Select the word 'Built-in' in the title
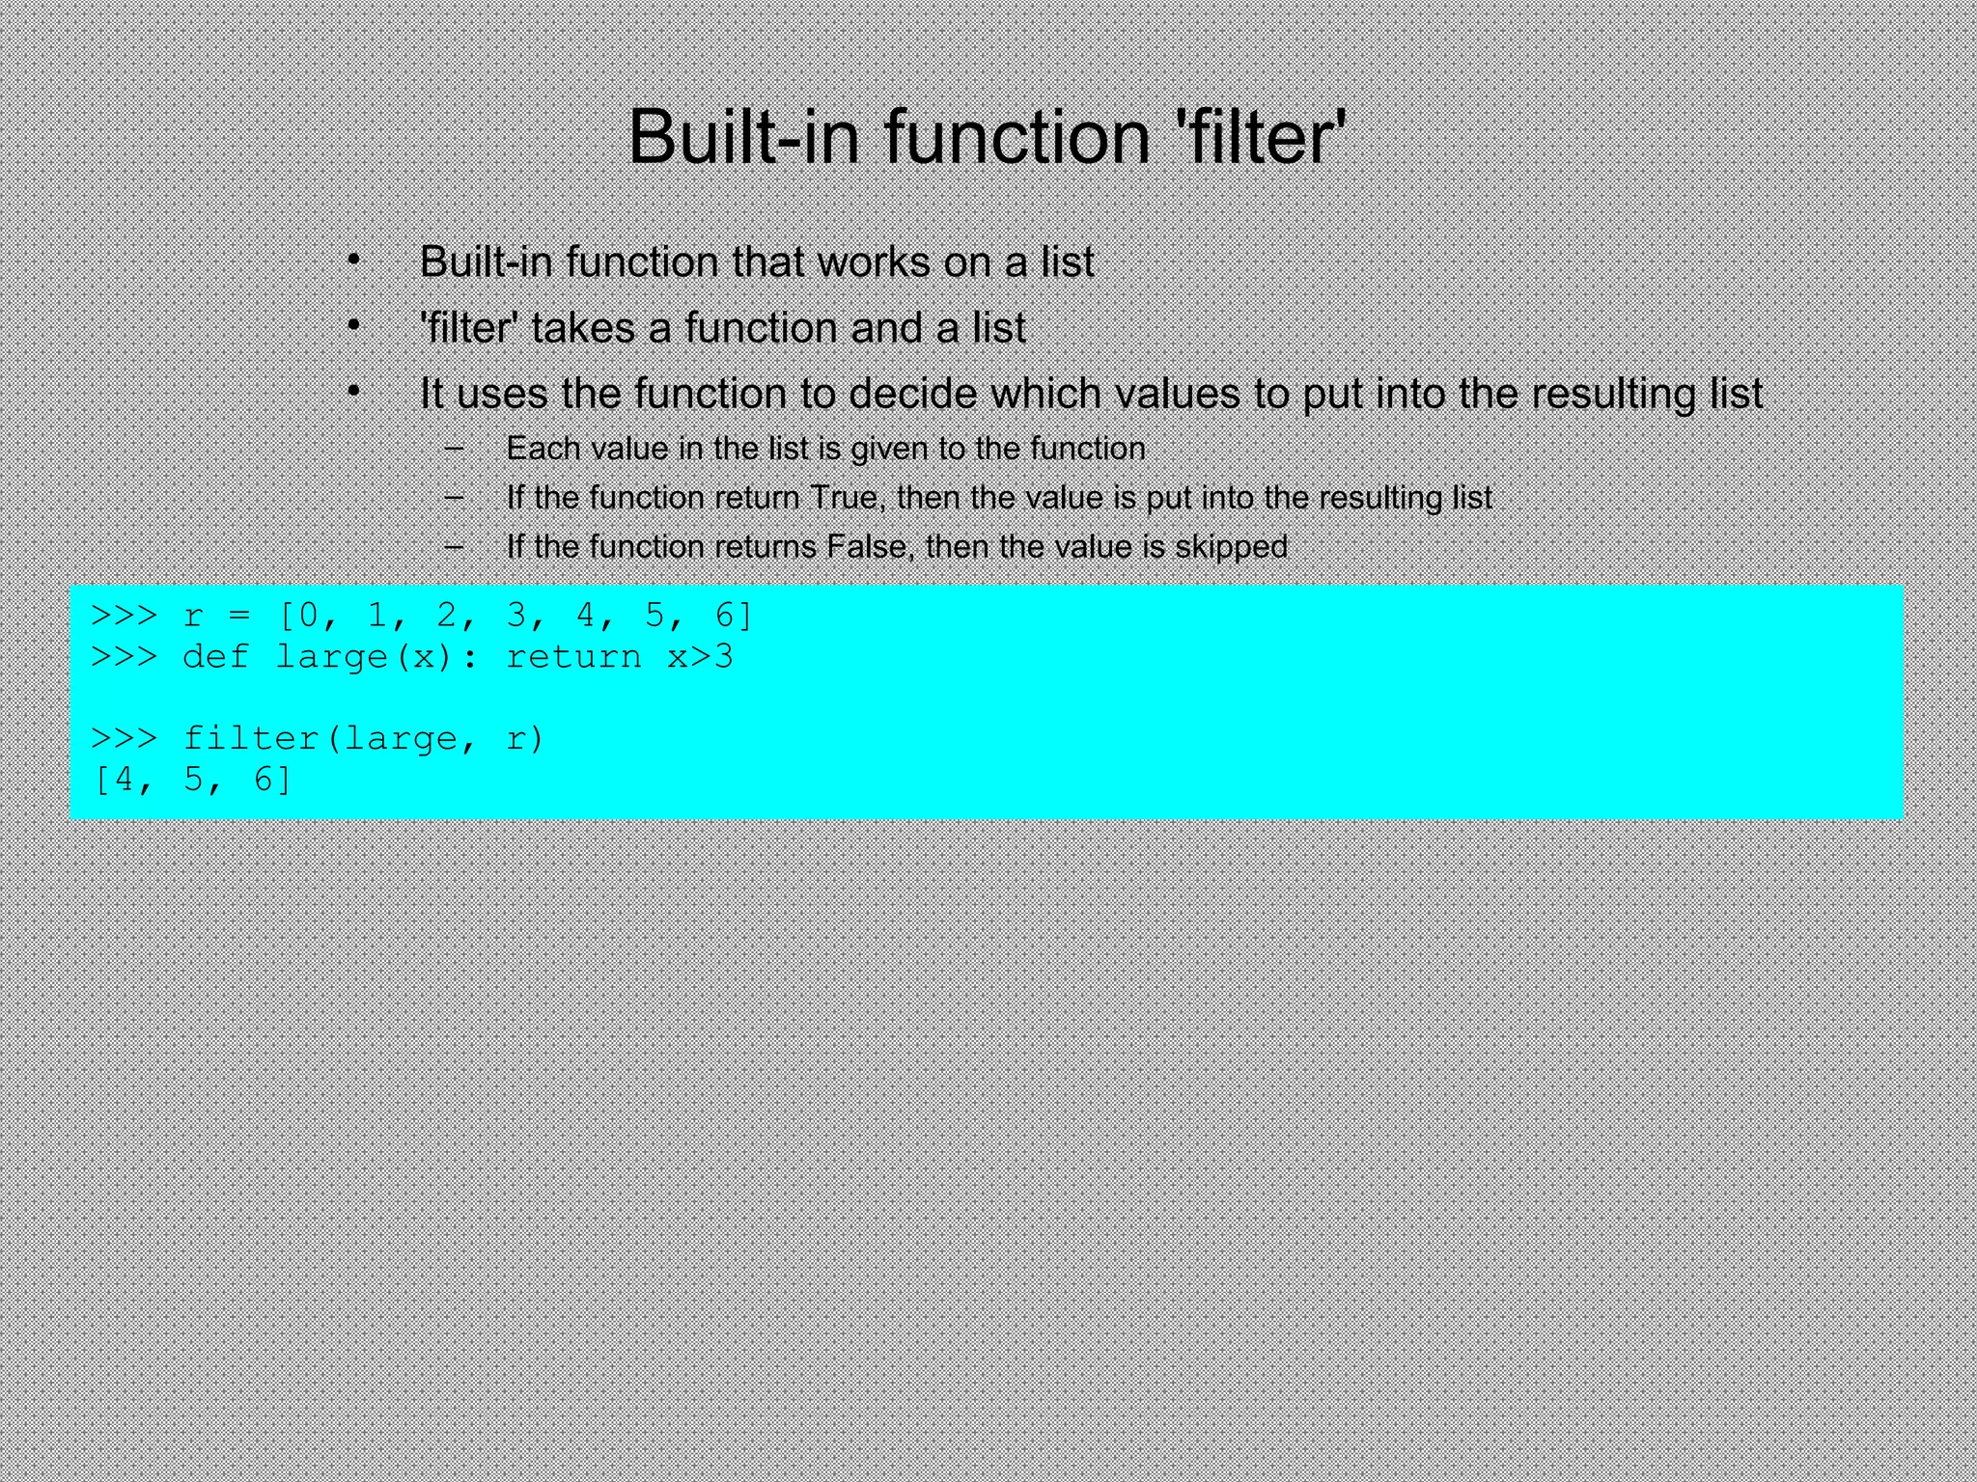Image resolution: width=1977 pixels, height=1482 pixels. point(743,137)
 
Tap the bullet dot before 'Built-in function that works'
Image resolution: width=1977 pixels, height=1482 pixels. point(354,261)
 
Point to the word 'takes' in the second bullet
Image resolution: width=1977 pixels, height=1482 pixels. point(583,328)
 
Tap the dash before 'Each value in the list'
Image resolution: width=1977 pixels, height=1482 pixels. point(454,448)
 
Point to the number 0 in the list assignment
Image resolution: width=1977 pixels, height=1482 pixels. point(309,615)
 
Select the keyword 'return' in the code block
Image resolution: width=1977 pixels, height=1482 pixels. point(573,657)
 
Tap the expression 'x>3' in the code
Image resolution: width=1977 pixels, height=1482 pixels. point(701,657)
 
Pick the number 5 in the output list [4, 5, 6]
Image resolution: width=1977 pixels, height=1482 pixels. point(193,780)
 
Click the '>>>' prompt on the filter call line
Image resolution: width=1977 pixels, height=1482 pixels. point(124,739)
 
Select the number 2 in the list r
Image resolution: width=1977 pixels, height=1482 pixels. point(447,615)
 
